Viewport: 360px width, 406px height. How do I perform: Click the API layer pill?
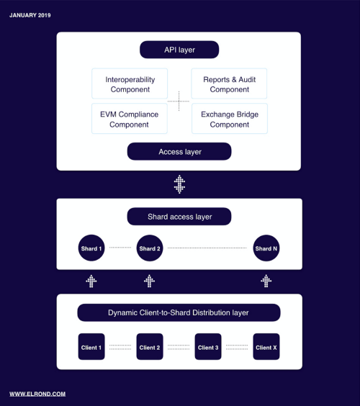click(x=179, y=50)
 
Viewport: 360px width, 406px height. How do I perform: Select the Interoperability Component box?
click(x=130, y=84)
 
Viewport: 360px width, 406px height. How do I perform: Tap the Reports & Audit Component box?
click(x=229, y=84)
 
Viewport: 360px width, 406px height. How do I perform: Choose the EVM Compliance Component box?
click(x=130, y=119)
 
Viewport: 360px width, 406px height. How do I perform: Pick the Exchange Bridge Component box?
click(x=230, y=119)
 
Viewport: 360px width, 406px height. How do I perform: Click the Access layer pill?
click(x=179, y=151)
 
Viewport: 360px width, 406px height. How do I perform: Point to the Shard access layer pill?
click(x=179, y=217)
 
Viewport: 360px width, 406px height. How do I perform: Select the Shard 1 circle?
click(x=91, y=248)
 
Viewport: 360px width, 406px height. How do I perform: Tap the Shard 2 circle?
click(x=150, y=248)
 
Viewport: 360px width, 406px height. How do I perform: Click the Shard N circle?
click(x=266, y=248)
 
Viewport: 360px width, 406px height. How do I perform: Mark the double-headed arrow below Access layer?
click(x=179, y=184)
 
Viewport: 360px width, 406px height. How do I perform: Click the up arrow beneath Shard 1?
click(x=91, y=281)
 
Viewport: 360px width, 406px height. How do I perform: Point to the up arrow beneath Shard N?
click(x=266, y=281)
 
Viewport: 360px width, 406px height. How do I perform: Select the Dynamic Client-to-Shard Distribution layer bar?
click(x=179, y=312)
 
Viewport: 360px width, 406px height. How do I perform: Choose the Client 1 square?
click(x=91, y=346)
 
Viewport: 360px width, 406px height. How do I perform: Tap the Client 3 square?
click(x=208, y=346)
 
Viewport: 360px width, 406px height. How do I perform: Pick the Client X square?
click(x=266, y=346)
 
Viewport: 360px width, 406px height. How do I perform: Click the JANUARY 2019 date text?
click(x=30, y=15)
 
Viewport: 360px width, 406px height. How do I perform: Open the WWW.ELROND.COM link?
click(x=37, y=394)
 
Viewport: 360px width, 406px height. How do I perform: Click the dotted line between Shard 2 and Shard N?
click(x=207, y=248)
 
